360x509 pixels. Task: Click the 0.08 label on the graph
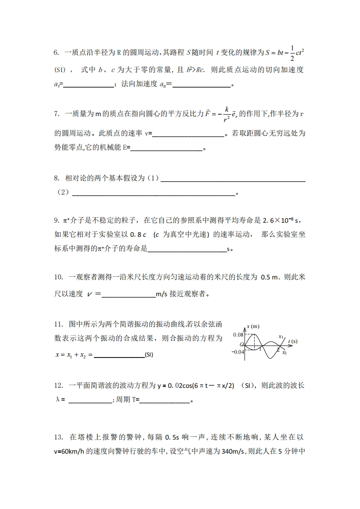[238, 335]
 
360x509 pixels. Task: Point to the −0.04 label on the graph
[237, 352]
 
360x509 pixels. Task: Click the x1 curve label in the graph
[281, 337]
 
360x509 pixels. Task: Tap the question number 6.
[56, 53]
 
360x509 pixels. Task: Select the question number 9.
[56, 221]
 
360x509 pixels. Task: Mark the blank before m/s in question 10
[129, 294]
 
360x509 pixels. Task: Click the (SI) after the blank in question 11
[148, 355]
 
